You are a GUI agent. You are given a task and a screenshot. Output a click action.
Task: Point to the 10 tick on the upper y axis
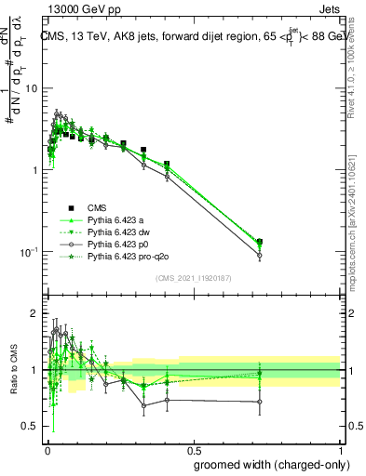(x=32, y=88)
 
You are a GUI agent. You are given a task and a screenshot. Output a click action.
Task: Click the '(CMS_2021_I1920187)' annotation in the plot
(x=192, y=277)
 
